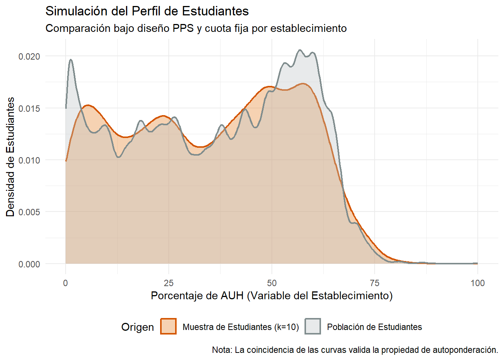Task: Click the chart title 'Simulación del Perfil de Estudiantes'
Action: pyautogui.click(x=147, y=11)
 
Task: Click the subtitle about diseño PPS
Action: pyautogui.click(x=196, y=28)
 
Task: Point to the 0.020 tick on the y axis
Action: pyautogui.click(x=29, y=57)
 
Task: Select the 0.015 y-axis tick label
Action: pyautogui.click(x=29, y=109)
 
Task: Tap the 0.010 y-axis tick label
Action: pyautogui.click(x=29, y=160)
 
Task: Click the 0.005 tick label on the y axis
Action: pyautogui.click(x=29, y=212)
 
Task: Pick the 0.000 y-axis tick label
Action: pyautogui.click(x=29, y=264)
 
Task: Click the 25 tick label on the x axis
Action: pyautogui.click(x=169, y=283)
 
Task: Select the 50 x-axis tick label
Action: pyautogui.click(x=271, y=283)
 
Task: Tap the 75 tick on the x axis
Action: pyautogui.click(x=375, y=283)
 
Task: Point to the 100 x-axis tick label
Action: pyautogui.click(x=477, y=283)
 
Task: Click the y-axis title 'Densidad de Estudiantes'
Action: pyautogui.click(x=10, y=157)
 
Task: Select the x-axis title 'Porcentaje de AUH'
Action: pyautogui.click(x=271, y=296)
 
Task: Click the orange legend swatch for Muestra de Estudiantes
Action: pyautogui.click(x=168, y=326)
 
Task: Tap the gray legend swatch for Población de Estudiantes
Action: pyautogui.click(x=312, y=326)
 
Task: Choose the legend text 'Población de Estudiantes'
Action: pyautogui.click(x=374, y=327)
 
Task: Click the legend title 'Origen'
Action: pyautogui.click(x=137, y=327)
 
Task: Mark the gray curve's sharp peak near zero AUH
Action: pyautogui.click(x=70, y=60)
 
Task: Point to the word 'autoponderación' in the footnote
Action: pyautogui.click(x=465, y=350)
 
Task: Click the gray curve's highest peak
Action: pyautogui.click(x=300, y=50)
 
